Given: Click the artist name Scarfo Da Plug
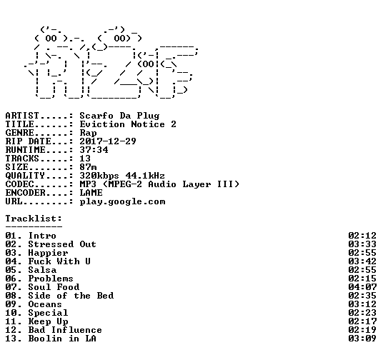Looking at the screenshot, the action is [119, 116].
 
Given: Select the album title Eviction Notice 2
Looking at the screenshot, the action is [128, 124].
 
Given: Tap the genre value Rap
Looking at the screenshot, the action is [88, 133].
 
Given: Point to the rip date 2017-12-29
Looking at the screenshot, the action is [108, 141].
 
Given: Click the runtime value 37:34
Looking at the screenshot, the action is [94, 150].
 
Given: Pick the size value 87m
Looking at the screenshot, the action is [88, 167].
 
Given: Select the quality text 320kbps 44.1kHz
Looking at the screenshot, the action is [122, 176].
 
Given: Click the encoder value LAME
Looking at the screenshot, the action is [91, 193].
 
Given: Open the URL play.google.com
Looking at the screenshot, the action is [122, 201].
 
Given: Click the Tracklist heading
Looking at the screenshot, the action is [34, 219].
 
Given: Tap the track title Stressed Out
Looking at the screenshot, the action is [62, 244].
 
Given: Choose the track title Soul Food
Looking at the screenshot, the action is [54, 287].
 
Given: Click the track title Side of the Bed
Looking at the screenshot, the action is [71, 296].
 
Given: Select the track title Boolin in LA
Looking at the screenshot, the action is [62, 339].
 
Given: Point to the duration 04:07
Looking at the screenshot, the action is [362, 287].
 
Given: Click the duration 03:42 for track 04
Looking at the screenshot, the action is [362, 261].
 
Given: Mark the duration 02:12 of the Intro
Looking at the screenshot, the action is [362, 236].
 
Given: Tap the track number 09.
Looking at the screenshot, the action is [11, 304].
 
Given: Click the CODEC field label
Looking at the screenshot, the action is [19, 184].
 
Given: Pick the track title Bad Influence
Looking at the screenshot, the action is [65, 330].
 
